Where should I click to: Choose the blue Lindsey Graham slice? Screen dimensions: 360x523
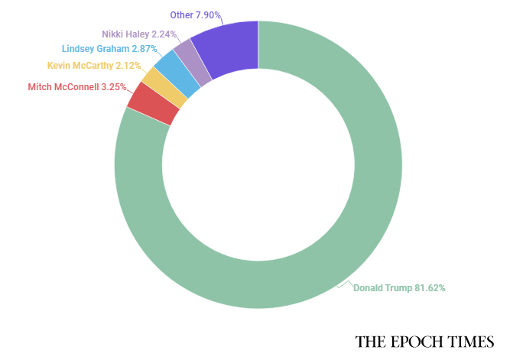(187, 74)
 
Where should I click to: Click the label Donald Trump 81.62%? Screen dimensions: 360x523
(399, 288)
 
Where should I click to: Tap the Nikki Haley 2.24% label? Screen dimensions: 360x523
(139, 34)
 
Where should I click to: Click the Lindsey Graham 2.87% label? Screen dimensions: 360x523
(110, 49)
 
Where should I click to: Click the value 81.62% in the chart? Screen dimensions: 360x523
(430, 288)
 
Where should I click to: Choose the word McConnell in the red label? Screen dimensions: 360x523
(75, 87)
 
